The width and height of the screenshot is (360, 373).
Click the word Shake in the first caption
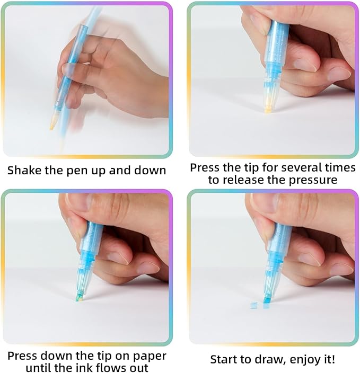24,170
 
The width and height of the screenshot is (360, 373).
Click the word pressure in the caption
313,180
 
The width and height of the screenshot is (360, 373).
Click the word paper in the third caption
150,357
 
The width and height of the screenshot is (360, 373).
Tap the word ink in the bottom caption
82,368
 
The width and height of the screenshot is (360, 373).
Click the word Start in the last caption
225,359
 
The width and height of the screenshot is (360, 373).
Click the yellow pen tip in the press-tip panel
268,110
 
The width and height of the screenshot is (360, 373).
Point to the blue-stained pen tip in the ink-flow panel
80,297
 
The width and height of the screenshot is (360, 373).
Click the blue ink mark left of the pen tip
254,305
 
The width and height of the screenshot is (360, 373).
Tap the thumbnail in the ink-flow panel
77,202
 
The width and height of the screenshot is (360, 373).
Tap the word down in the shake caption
150,170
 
